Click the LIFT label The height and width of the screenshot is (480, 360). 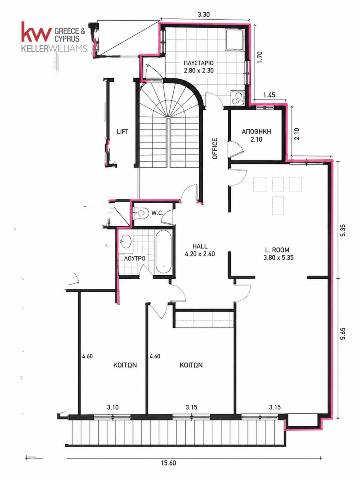pyautogui.click(x=122, y=132)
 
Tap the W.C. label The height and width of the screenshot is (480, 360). pyautogui.click(x=157, y=213)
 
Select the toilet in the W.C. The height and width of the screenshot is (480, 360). pyautogui.click(x=140, y=212)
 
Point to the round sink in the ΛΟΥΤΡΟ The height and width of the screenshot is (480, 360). pyautogui.click(x=126, y=241)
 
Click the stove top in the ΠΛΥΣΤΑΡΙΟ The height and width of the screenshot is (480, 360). pyautogui.click(x=238, y=98)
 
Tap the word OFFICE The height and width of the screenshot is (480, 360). pyautogui.click(x=215, y=148)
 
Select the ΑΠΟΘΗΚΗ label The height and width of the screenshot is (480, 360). pyautogui.click(x=256, y=132)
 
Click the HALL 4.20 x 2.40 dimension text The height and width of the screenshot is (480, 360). pyautogui.click(x=200, y=254)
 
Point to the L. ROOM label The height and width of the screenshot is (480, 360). pyautogui.click(x=277, y=250)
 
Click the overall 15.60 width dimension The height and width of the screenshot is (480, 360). pyautogui.click(x=168, y=462)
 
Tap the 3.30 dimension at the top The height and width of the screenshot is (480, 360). pyautogui.click(x=204, y=14)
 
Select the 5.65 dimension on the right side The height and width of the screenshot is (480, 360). pyautogui.click(x=343, y=334)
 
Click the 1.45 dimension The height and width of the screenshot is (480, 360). pyautogui.click(x=269, y=95)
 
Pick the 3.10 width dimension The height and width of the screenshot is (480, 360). pyautogui.click(x=113, y=407)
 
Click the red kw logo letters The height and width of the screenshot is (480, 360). pyautogui.click(x=36, y=32)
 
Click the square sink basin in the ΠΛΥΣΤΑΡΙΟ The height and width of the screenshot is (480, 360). pyautogui.click(x=235, y=39)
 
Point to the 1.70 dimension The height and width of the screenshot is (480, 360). pyautogui.click(x=260, y=57)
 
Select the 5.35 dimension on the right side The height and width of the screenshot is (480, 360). pyautogui.click(x=343, y=230)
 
